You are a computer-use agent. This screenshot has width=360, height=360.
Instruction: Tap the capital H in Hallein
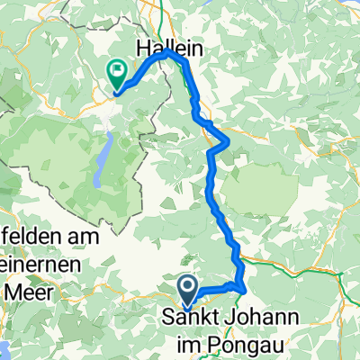[x=143, y=48]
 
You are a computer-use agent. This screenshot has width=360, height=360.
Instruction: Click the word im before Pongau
[x=185, y=340]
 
